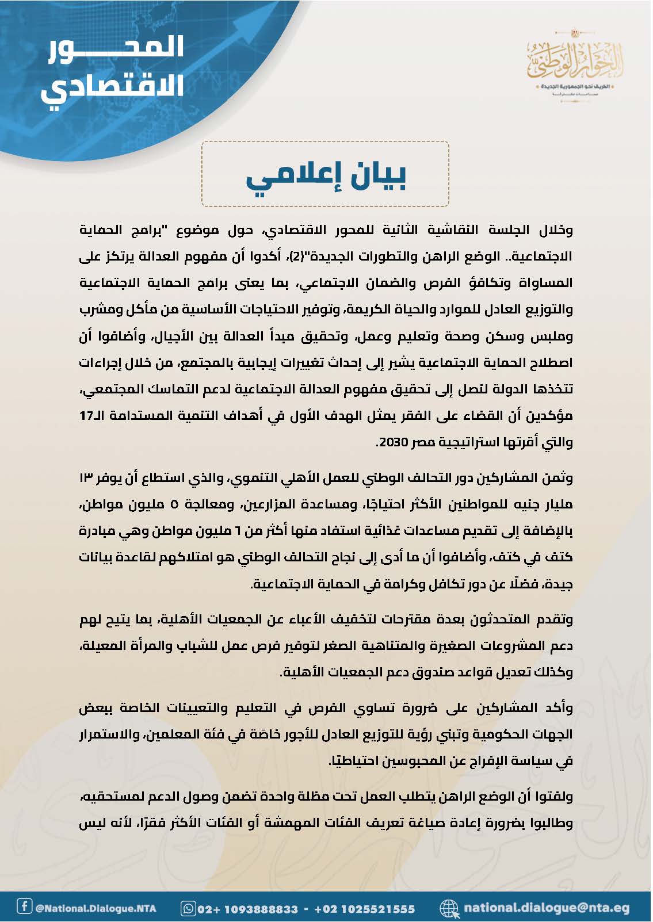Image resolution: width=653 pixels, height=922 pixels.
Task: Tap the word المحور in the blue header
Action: click(x=115, y=48)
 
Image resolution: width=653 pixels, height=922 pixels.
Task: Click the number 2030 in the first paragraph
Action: click(x=392, y=443)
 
